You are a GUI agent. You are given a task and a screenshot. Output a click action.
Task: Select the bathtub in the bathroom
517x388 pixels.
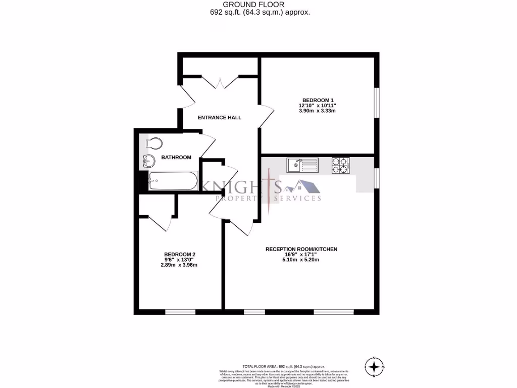click(172, 181)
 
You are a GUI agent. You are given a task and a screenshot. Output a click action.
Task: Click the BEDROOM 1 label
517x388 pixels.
click(318, 100)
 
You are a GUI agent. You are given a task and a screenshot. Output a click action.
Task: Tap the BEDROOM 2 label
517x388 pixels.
click(180, 254)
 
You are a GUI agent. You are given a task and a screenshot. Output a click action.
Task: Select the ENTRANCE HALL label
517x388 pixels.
click(219, 118)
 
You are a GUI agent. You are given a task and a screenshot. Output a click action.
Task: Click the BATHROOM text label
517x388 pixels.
click(176, 158)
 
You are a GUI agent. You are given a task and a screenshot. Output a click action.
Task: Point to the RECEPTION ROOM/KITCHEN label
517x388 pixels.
click(301, 249)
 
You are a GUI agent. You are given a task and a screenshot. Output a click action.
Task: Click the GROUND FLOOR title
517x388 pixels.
click(260, 5)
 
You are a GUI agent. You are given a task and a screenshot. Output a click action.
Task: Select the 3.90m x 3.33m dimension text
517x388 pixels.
click(318, 111)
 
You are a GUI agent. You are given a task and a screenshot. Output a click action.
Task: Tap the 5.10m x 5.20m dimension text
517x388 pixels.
click(301, 260)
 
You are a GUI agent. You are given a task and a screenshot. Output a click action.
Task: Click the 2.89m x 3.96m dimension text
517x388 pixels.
click(180, 265)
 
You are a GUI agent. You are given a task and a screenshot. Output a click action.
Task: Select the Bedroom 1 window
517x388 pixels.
click(376, 104)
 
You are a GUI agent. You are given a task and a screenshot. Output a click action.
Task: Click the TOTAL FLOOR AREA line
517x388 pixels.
click(284, 366)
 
